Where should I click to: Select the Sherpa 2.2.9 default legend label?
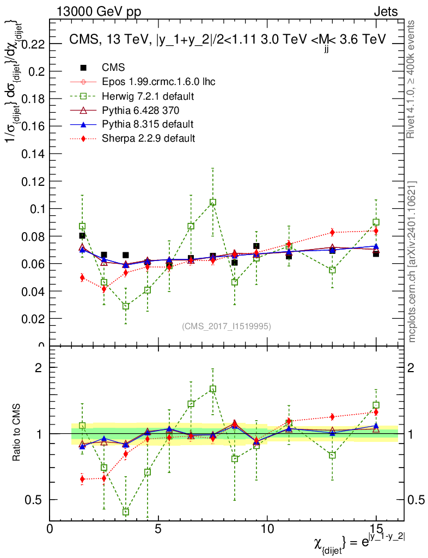(148, 138)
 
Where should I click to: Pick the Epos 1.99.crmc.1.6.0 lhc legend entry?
(158, 82)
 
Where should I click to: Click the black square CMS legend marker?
(84, 68)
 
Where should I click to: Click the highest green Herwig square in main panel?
(213, 202)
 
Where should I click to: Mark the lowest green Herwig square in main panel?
(126, 306)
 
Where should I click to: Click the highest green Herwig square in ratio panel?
(213, 389)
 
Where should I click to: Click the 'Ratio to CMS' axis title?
(16, 432)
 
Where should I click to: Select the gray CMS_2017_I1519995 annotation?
(226, 326)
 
